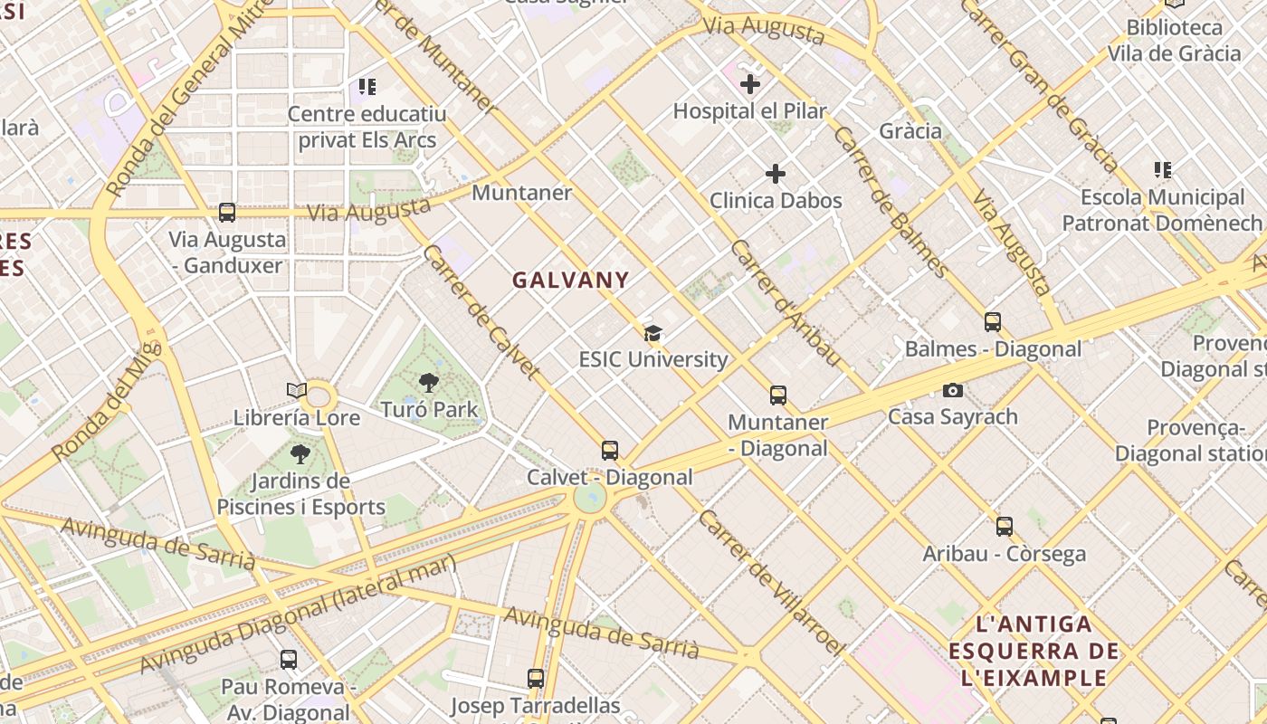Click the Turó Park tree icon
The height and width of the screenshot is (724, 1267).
coord(429,383)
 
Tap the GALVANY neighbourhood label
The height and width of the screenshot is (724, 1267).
coord(570,281)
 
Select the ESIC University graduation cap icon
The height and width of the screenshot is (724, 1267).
coord(653,334)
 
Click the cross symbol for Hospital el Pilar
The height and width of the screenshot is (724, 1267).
coord(749,85)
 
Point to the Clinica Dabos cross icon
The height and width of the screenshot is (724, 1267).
coord(776,174)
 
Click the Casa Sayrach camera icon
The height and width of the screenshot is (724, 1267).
coord(952,391)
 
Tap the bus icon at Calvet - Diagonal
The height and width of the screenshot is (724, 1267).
coord(610,451)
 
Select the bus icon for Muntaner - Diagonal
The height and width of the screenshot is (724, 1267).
coord(778,395)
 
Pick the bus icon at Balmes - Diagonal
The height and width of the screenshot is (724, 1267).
coord(993,322)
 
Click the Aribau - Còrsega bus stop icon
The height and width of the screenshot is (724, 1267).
coord(1005,527)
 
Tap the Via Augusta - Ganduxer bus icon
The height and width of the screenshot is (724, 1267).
coord(227,213)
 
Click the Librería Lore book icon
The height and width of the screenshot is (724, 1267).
coord(297,391)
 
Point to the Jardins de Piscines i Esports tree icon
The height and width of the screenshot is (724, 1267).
coord(300,453)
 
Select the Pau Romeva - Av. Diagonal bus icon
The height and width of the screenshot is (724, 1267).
coord(289,660)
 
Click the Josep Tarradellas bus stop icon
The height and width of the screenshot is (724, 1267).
coord(536,678)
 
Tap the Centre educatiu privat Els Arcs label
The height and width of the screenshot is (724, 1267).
coord(367,128)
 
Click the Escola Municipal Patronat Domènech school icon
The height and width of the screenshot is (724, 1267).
coord(1163,170)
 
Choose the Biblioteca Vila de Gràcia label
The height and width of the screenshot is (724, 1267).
coord(1175,41)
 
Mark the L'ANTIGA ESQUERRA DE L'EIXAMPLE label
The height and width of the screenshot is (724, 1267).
coord(1034,651)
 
